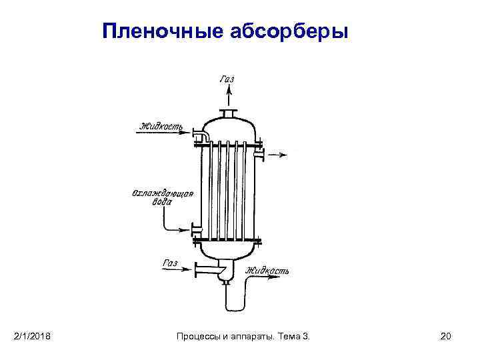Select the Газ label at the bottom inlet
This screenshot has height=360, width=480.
tap(171, 264)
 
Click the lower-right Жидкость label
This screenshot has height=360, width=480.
tap(267, 271)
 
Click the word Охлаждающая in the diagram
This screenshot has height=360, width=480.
tap(163, 194)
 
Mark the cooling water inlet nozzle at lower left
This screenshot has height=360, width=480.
tap(197, 231)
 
